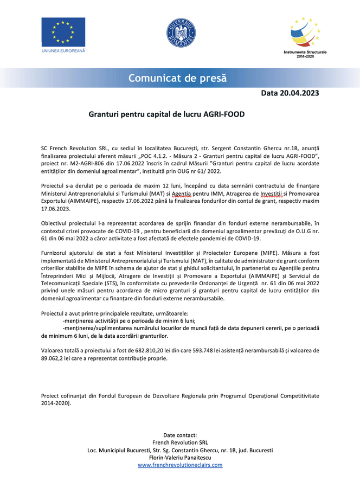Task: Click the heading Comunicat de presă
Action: point(177,78)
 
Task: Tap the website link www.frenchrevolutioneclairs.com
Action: point(180,465)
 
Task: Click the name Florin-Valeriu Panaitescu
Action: point(180,457)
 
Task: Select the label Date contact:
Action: point(180,435)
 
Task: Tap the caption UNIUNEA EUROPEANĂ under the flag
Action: point(63,50)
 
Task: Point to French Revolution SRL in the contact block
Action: point(180,442)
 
